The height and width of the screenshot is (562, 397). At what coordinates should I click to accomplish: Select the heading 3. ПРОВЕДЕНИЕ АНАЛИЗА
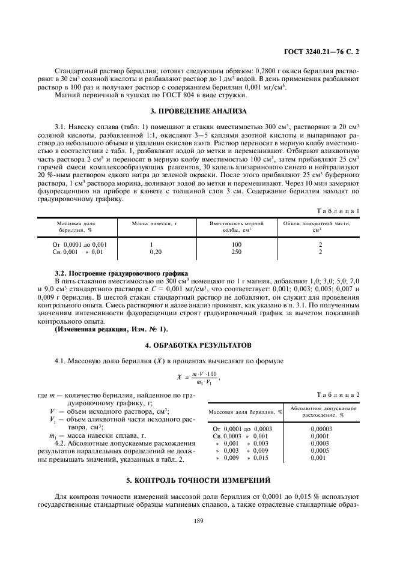pos(198,110)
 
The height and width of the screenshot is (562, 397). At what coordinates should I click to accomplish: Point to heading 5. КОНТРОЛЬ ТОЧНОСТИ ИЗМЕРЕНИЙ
pos(198,480)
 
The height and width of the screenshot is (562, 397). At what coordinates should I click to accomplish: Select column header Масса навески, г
pos(156,223)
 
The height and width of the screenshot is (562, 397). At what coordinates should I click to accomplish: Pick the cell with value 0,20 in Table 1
pos(155,252)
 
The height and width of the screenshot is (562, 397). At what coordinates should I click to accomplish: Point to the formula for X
pos(198,378)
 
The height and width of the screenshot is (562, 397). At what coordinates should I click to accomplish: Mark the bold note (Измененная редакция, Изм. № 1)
pos(112,329)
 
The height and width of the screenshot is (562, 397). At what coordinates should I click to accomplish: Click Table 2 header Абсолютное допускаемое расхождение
pos(324,412)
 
